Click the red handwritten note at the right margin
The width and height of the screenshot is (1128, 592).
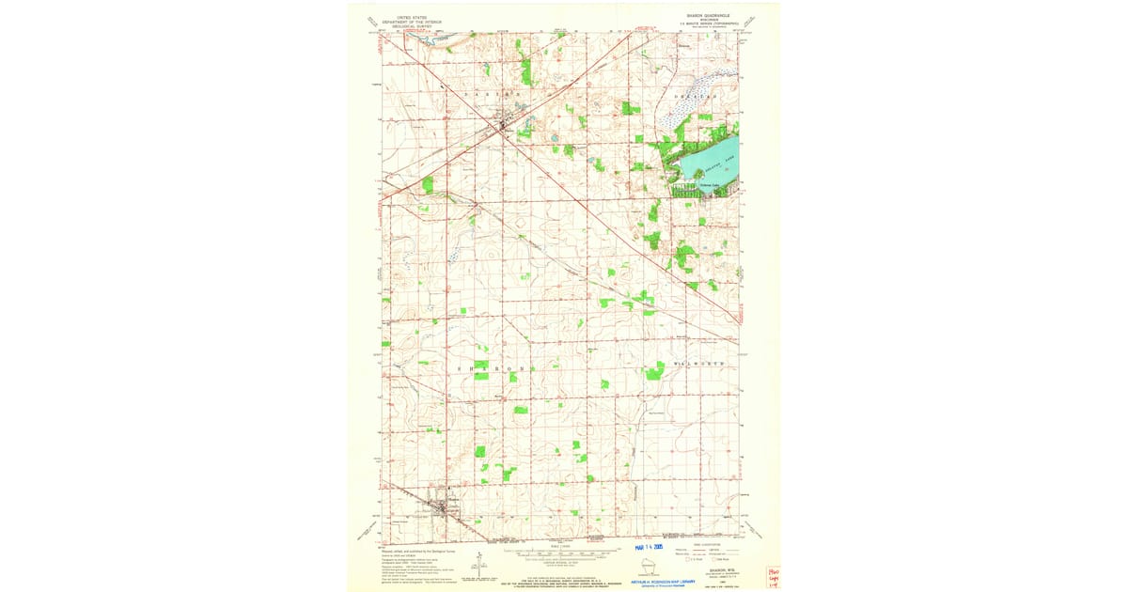pos(773,574)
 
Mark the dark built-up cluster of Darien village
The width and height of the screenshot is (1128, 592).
pos(505,123)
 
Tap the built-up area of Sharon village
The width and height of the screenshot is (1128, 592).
pos(438,508)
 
